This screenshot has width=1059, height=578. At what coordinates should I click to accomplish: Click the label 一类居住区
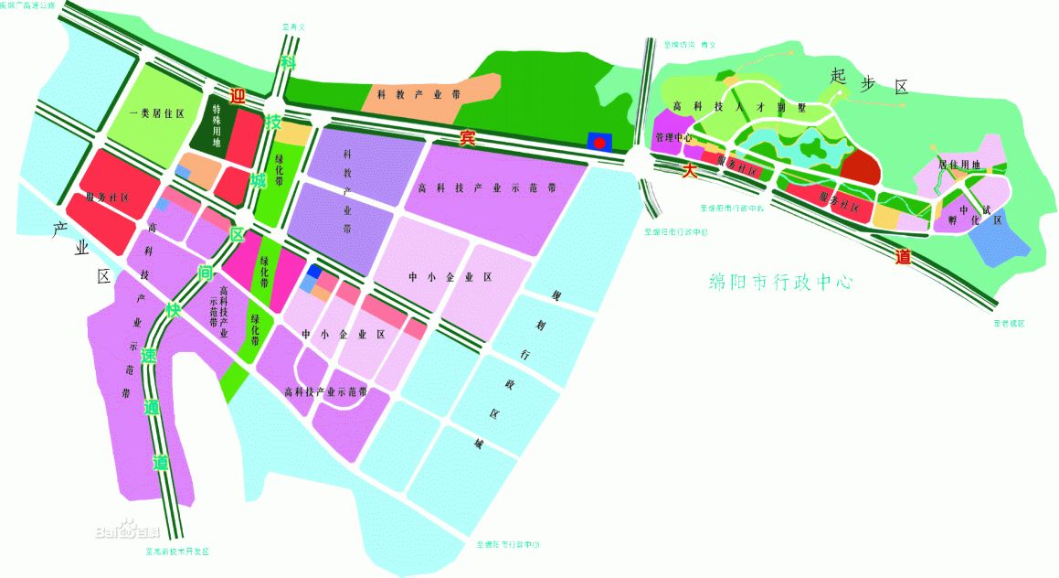tap(156, 113)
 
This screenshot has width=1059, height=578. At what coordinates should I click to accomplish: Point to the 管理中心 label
tap(674, 138)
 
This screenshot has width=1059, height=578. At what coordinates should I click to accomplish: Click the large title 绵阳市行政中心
tap(782, 282)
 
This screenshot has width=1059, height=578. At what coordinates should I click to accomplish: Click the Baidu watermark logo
tap(127, 530)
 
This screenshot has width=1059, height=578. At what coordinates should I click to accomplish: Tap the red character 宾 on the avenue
tap(467, 139)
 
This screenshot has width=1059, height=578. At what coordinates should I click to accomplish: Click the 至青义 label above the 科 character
tap(293, 27)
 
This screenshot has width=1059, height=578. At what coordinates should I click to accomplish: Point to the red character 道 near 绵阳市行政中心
tap(903, 257)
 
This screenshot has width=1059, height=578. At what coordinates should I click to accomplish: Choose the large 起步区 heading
tap(869, 84)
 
